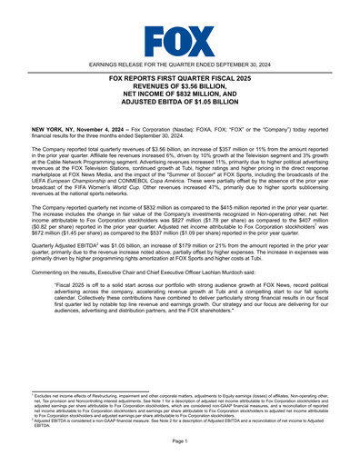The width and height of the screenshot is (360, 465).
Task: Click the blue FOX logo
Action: point(180,40)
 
